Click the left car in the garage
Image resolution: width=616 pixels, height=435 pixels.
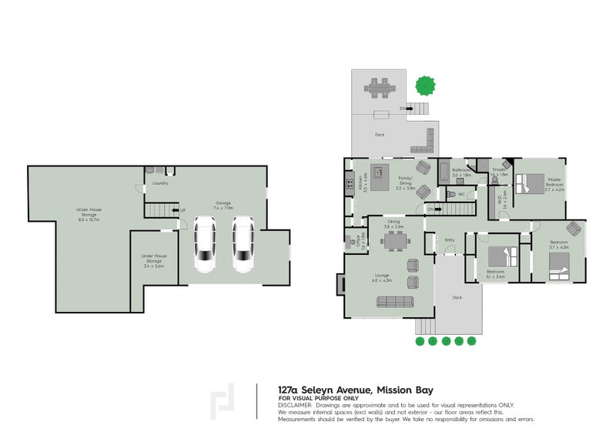tap(204, 245)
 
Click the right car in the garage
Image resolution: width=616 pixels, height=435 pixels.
tap(243, 245)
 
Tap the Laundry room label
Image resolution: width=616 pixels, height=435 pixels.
tap(160, 183)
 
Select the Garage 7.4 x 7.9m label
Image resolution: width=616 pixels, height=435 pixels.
tap(222, 206)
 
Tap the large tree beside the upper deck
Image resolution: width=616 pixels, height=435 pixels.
tap(424, 83)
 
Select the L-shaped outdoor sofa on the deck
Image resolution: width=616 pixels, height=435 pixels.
tap(426, 142)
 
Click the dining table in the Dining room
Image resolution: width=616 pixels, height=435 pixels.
tap(395, 242)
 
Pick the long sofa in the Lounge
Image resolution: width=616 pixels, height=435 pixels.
tap(394, 302)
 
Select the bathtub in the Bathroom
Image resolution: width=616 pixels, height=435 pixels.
tap(445, 171)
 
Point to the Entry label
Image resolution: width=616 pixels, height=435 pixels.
tap(450, 240)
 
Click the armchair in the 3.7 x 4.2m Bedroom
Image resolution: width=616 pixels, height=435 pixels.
tap(572, 229)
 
